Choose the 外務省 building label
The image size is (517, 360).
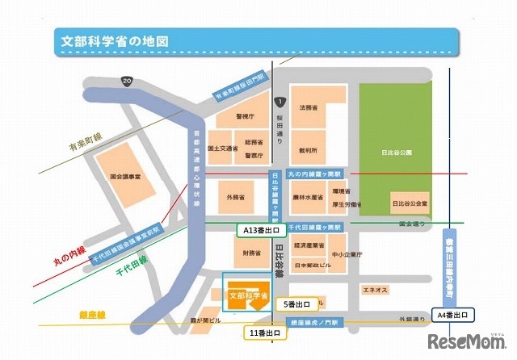tap(235, 197)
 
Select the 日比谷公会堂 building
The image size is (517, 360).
tap(409, 200)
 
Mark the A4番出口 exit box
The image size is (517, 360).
tap(453, 313)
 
